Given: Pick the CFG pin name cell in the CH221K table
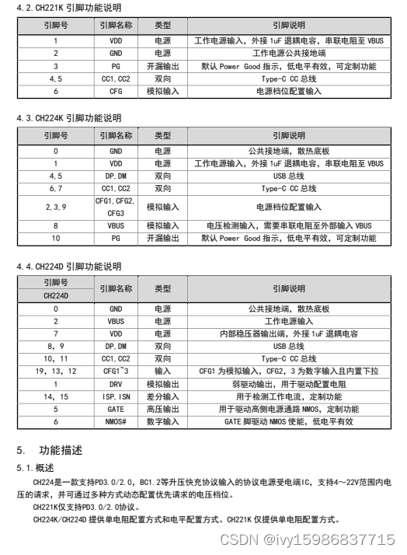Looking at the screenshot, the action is click(x=116, y=91).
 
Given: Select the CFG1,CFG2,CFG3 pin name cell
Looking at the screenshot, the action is click(x=116, y=207).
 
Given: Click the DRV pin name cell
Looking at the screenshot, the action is click(x=116, y=384).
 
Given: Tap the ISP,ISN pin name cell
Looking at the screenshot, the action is click(x=116, y=396).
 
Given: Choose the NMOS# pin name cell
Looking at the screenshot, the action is click(x=116, y=421).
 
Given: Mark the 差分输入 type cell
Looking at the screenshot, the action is click(x=162, y=396).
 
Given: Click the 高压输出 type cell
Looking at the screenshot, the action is click(x=162, y=409).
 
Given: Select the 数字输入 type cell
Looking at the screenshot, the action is click(x=162, y=421).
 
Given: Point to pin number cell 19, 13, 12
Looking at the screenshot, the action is click(x=56, y=372).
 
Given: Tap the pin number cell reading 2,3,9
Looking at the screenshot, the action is click(x=56, y=207).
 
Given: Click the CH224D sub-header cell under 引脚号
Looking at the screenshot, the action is click(x=56, y=295).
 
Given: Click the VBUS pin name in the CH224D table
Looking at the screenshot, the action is click(x=116, y=321).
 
